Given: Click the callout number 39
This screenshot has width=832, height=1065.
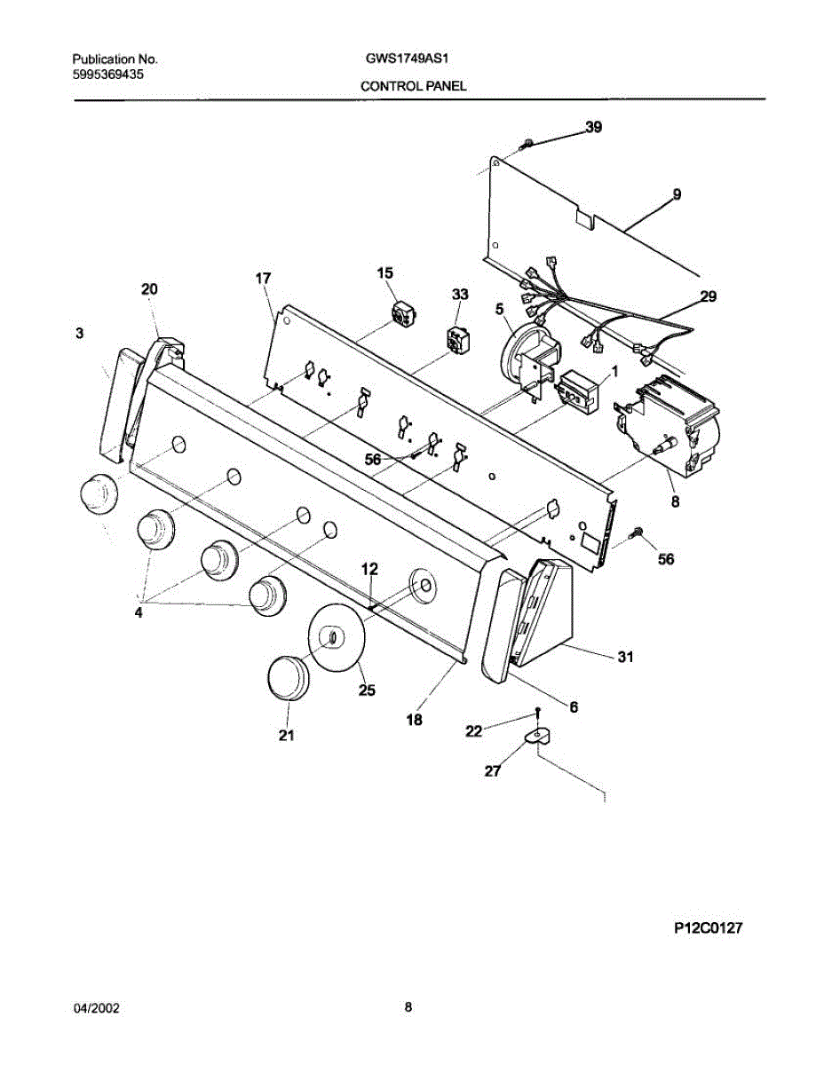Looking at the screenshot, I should pos(593,128).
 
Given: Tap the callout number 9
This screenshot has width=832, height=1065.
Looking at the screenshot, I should pos(677,194).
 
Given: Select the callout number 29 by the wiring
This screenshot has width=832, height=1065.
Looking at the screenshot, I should pos(708,297).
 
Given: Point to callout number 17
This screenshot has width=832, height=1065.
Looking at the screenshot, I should pos(263,279).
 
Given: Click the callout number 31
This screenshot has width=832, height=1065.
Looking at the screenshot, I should pos(625,657).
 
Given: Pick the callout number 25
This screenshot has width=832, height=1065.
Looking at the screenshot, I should pos(366,690).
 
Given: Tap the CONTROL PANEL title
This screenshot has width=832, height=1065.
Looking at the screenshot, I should pos(413,86).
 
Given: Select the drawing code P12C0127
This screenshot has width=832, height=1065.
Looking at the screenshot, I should pos(707,928).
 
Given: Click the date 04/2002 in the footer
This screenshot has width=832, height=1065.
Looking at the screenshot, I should pos(96,1009).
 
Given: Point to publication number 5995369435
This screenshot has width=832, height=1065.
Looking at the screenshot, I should pos(108,75).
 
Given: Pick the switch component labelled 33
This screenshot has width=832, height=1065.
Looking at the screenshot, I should pos(459,338).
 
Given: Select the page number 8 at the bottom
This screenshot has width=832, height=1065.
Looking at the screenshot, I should pos(408,1007).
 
